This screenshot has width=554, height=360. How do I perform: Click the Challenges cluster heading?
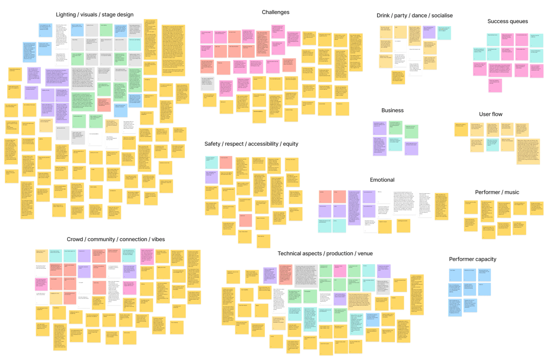click(275, 12)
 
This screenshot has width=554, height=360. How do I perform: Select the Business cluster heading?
click(392, 110)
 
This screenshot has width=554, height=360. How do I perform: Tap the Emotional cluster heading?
click(382, 180)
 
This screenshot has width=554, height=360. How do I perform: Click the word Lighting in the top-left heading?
click(66, 15)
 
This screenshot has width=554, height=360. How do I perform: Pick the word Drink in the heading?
click(383, 16)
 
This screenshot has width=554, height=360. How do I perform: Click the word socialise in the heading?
click(442, 16)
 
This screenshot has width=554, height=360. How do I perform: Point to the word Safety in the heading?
click(212, 144)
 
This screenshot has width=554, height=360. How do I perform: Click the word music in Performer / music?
click(512, 192)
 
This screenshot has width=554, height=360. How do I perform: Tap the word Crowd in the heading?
click(75, 239)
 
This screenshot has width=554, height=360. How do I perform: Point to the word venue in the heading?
click(365, 254)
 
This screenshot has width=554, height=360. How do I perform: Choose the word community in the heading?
click(101, 239)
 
